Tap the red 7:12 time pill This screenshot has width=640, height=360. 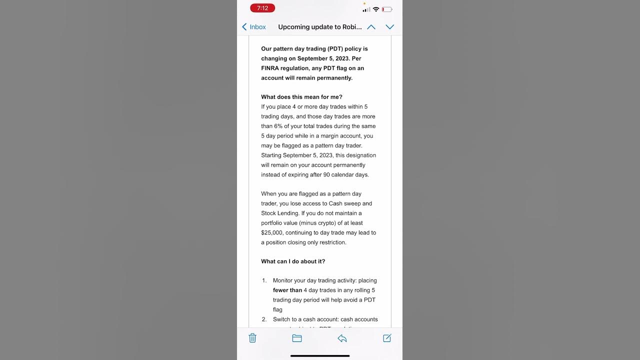pyautogui.click(x=262, y=8)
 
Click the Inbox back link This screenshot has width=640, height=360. pyautogui.click(x=254, y=27)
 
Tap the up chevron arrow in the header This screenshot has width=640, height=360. pyautogui.click(x=371, y=27)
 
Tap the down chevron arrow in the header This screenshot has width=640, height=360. pyautogui.click(x=390, y=27)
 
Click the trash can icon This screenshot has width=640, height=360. pyautogui.click(x=252, y=338)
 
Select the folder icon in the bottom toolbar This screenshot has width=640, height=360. pyautogui.click(x=297, y=338)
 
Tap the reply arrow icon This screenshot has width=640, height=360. pyautogui.click(x=342, y=338)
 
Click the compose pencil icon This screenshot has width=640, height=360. pyautogui.click(x=387, y=338)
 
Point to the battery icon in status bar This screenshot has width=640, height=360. pyautogui.click(x=387, y=9)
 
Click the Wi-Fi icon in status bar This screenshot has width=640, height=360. pyautogui.click(x=376, y=9)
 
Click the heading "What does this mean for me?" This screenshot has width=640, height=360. pyautogui.click(x=301, y=97)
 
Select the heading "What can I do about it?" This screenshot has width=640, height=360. pyautogui.click(x=293, y=261)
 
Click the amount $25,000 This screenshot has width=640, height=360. pyautogui.click(x=271, y=232)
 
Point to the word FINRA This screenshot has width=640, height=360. pyautogui.click(x=270, y=68)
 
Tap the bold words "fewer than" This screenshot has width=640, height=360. pyautogui.click(x=287, y=290)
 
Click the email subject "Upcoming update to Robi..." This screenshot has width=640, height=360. pyautogui.click(x=320, y=27)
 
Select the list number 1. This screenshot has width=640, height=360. pyautogui.click(x=264, y=280)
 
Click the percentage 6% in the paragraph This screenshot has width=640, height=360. pyautogui.click(x=278, y=126)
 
